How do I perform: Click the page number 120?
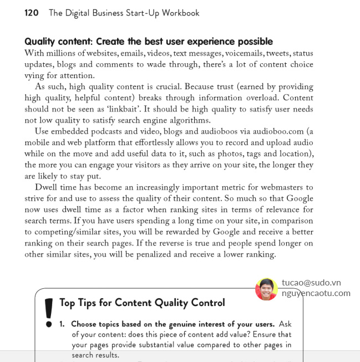point(32,13)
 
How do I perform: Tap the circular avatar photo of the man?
point(266,289)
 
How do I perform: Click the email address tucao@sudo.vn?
point(311,282)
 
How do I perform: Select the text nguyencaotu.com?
point(316,293)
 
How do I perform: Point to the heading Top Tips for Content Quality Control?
point(142,303)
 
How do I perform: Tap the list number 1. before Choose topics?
point(63,324)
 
